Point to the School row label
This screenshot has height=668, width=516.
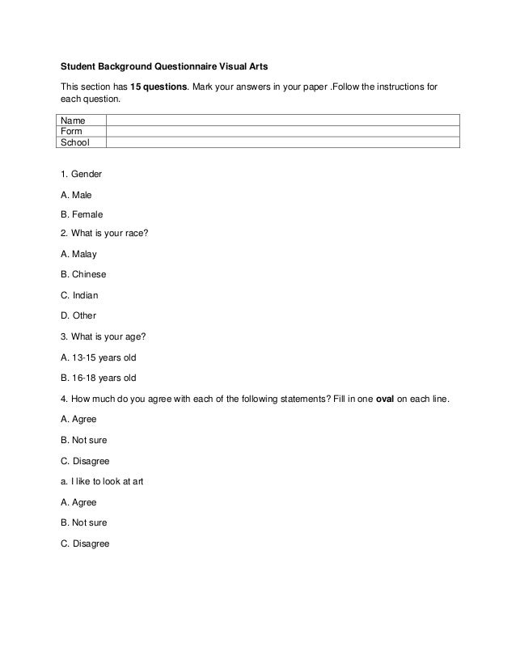point(75,142)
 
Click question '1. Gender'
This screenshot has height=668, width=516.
point(81,174)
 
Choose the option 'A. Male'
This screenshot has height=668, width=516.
point(77,195)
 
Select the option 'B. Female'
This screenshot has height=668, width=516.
point(82,215)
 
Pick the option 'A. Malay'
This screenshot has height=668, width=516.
point(78,254)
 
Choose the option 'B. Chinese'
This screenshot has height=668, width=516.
point(83,274)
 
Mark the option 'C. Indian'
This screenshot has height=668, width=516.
point(79,295)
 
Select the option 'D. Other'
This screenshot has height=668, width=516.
point(78,315)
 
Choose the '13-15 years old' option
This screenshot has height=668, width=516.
point(98,357)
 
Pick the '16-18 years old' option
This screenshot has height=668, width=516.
point(98,378)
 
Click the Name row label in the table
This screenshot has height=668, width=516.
point(74,120)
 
